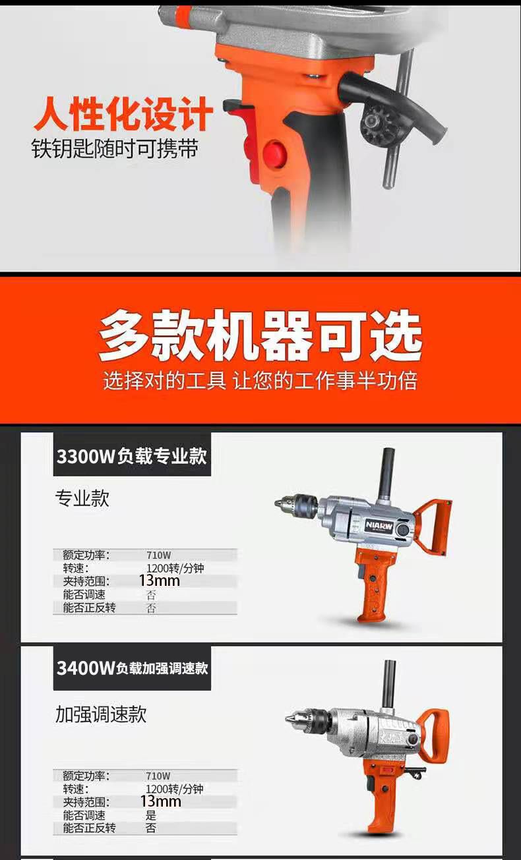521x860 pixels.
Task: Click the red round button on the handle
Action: [275, 154]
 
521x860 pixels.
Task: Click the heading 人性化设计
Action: [123, 113]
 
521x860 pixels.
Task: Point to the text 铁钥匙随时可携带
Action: [115, 148]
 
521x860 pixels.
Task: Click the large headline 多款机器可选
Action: [260, 336]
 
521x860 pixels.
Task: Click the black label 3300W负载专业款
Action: [132, 456]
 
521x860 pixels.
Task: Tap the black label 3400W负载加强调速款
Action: [132, 669]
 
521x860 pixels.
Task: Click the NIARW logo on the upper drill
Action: [379, 526]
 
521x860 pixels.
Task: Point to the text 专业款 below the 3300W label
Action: [82, 499]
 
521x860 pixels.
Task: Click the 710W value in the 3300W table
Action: [159, 555]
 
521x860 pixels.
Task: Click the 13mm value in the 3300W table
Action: [160, 581]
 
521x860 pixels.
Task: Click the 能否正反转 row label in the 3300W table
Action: [89, 608]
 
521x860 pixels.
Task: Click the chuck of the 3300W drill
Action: [296, 505]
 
